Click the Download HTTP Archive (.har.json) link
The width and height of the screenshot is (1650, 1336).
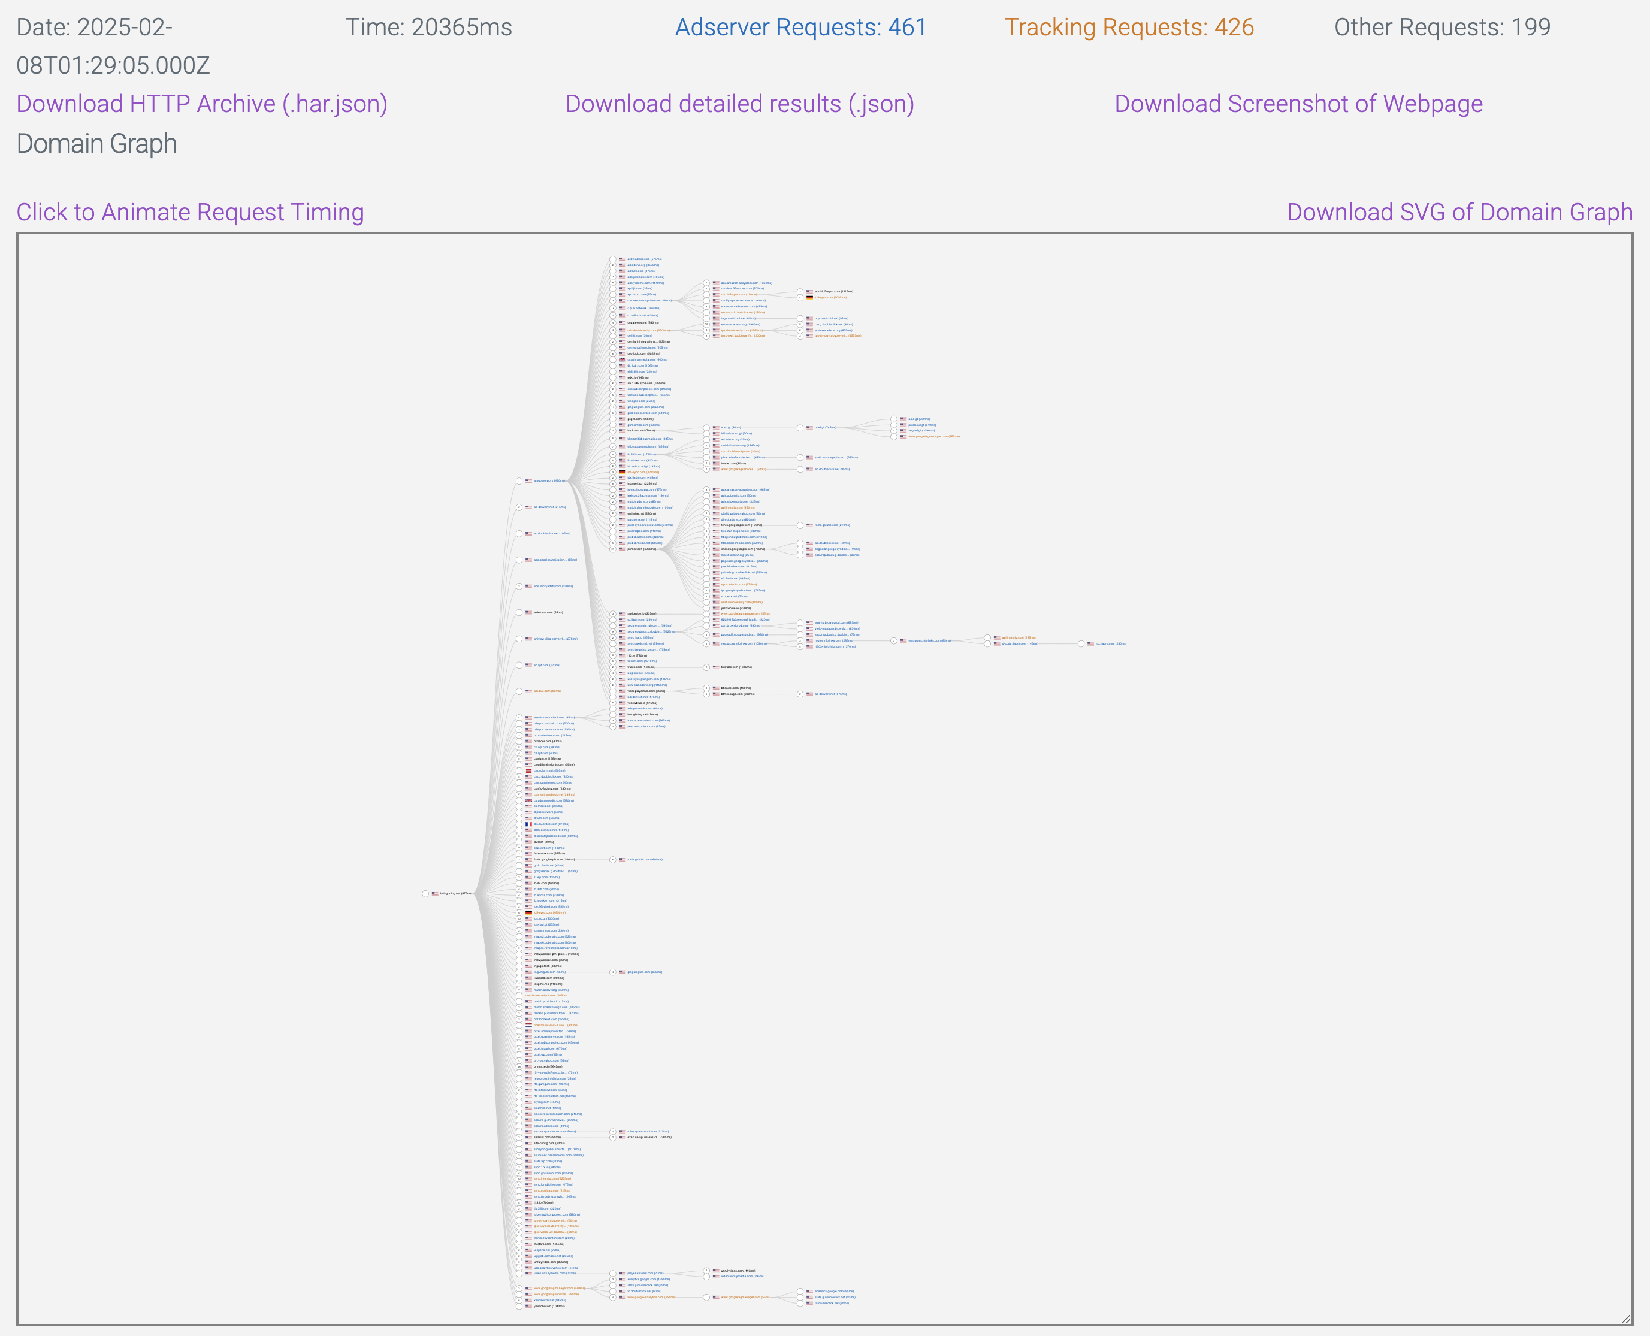pyautogui.click(x=202, y=104)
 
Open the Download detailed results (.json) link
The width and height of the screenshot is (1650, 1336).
pyautogui.click(x=739, y=104)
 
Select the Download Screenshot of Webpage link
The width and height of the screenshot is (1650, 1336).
pyautogui.click(x=1298, y=104)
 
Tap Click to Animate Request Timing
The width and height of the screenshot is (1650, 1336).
pyautogui.click(x=190, y=213)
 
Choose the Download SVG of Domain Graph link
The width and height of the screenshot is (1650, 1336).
pyautogui.click(x=1459, y=213)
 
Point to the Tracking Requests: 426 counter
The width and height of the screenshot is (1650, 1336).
pyautogui.click(x=1129, y=27)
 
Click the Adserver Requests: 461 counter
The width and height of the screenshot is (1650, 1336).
pyautogui.click(x=800, y=27)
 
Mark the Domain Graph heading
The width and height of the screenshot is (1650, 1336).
pyautogui.click(x=97, y=144)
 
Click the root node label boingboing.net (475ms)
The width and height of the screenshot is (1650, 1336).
pyautogui.click(x=455, y=893)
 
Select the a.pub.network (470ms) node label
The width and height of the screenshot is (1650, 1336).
pyautogui.click(x=549, y=481)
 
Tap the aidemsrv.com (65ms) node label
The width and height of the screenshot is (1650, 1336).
pyautogui.click(x=548, y=613)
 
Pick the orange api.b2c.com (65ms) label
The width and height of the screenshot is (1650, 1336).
pyautogui.click(x=547, y=691)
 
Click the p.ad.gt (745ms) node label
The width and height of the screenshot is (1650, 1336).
pyautogui.click(x=825, y=428)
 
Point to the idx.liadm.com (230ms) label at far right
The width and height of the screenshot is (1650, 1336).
pyautogui.click(x=1111, y=643)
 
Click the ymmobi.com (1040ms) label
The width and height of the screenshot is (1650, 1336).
pyautogui.click(x=549, y=1306)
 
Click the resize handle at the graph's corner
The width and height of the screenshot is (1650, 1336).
pyautogui.click(x=1625, y=1319)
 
